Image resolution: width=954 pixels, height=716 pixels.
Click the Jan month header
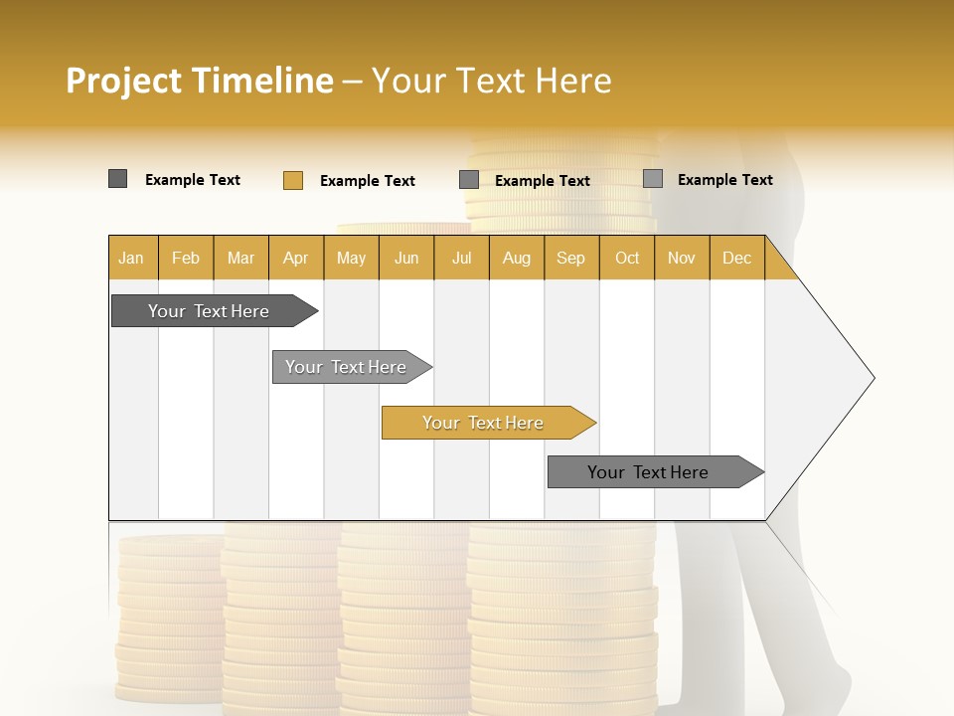click(x=131, y=258)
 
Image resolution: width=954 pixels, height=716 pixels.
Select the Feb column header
click(x=186, y=258)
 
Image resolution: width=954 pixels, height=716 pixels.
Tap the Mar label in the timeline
click(x=240, y=258)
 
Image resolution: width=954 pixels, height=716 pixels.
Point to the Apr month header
click(x=296, y=258)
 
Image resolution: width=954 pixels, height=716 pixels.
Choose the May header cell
click(x=351, y=258)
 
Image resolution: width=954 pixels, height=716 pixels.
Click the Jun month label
click(x=406, y=258)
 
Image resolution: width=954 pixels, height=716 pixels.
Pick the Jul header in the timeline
click(x=461, y=258)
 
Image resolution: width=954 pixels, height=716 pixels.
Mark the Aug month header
click(x=517, y=258)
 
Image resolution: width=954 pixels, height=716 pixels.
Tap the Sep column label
click(x=571, y=258)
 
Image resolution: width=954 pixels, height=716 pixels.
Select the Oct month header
click(x=627, y=258)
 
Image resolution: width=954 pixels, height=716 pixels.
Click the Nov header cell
click(x=682, y=258)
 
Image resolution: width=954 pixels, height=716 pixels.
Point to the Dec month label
click(x=737, y=258)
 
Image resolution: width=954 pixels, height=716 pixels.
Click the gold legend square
click(x=293, y=180)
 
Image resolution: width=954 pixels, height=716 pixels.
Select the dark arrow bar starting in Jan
click(x=209, y=311)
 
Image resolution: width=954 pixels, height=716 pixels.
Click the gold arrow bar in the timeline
click(x=483, y=423)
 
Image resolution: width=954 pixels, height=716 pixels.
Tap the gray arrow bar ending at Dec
click(x=648, y=472)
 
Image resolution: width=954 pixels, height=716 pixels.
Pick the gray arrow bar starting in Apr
click(x=346, y=367)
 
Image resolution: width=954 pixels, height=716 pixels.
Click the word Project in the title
click(x=123, y=81)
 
